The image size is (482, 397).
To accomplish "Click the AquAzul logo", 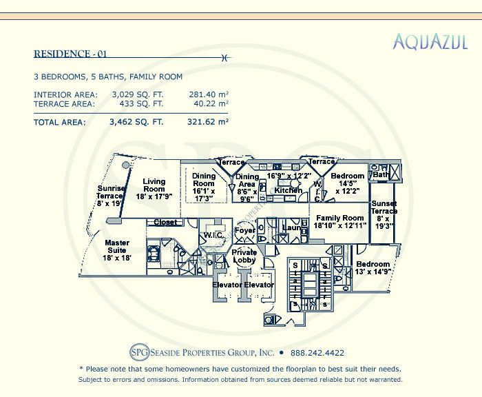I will coord(430,43).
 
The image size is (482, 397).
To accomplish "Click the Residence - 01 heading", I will coord(71,54).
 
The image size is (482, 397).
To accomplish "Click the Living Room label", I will coord(154,189).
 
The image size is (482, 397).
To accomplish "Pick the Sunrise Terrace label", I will coord(111,196).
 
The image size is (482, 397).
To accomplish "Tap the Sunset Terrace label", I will coord(384,211).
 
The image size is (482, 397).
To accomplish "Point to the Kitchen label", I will coord(288,190).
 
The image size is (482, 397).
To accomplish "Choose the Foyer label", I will coord(244,230).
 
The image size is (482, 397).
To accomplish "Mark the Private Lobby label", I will coord(244,256).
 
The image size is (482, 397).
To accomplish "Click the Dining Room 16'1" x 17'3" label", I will coord(203,185).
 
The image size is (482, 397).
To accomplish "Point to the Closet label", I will coord(165,223).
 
